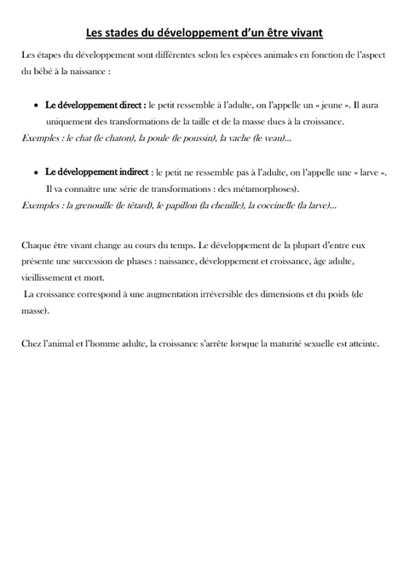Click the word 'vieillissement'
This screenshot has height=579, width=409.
coord(46,278)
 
